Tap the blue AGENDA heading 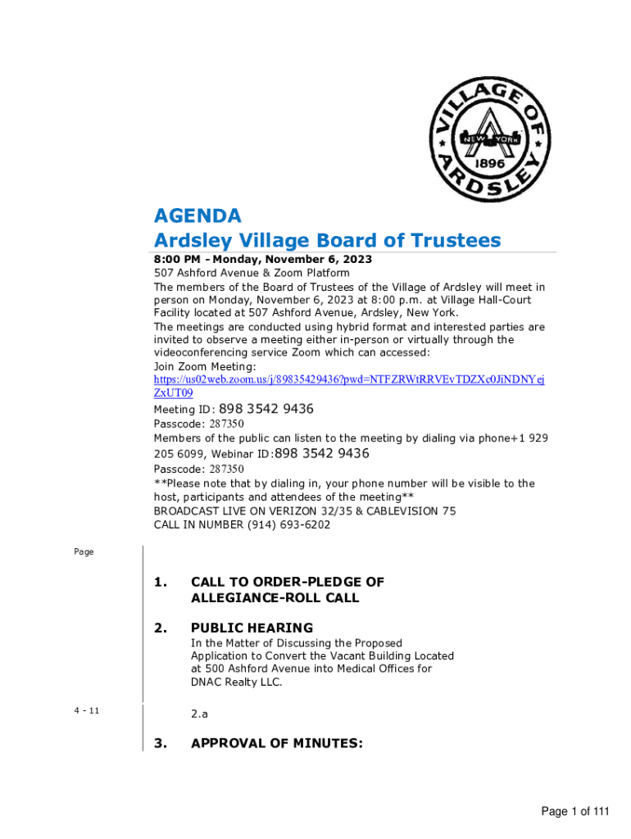[197, 216]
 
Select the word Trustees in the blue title [455, 241]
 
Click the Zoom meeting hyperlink [349, 380]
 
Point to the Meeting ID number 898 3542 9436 [266, 409]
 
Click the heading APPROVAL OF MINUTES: [276, 743]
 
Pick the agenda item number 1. [161, 583]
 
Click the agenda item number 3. [161, 743]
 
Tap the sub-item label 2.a [199, 714]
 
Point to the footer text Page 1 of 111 [575, 811]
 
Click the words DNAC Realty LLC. [236, 682]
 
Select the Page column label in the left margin [84, 552]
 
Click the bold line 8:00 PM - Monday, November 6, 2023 [262, 259]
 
